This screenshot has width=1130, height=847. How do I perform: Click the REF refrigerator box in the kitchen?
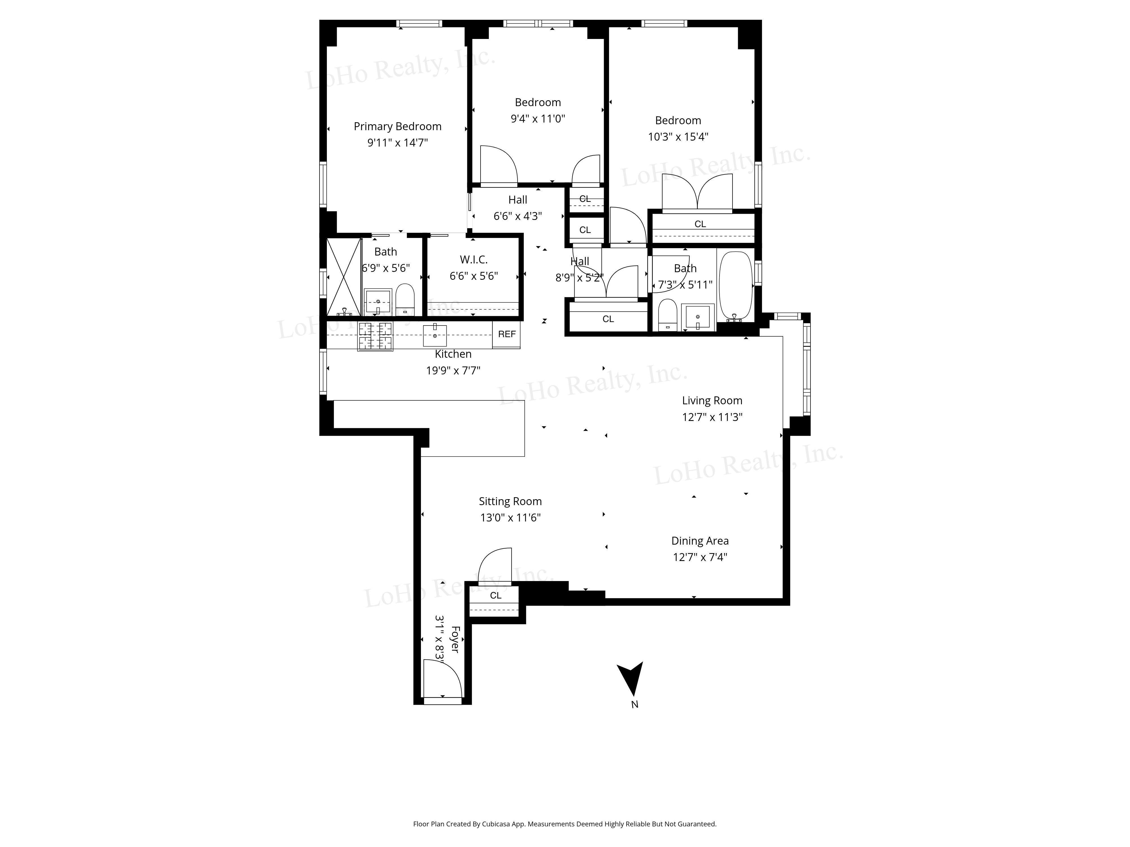pyautogui.click(x=506, y=334)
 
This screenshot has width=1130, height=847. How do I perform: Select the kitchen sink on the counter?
pyautogui.click(x=435, y=335)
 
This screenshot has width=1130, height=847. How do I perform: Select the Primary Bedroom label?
pyautogui.click(x=397, y=126)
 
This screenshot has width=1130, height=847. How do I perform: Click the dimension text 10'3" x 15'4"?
pyautogui.click(x=678, y=137)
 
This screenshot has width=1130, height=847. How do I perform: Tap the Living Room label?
pyautogui.click(x=712, y=401)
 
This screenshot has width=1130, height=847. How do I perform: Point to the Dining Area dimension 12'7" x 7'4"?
pyautogui.click(x=700, y=557)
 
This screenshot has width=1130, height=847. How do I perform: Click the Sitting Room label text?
pyautogui.click(x=510, y=501)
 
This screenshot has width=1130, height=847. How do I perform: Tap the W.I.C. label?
pyautogui.click(x=473, y=260)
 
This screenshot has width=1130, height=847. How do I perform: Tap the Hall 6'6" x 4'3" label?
pyautogui.click(x=518, y=208)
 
